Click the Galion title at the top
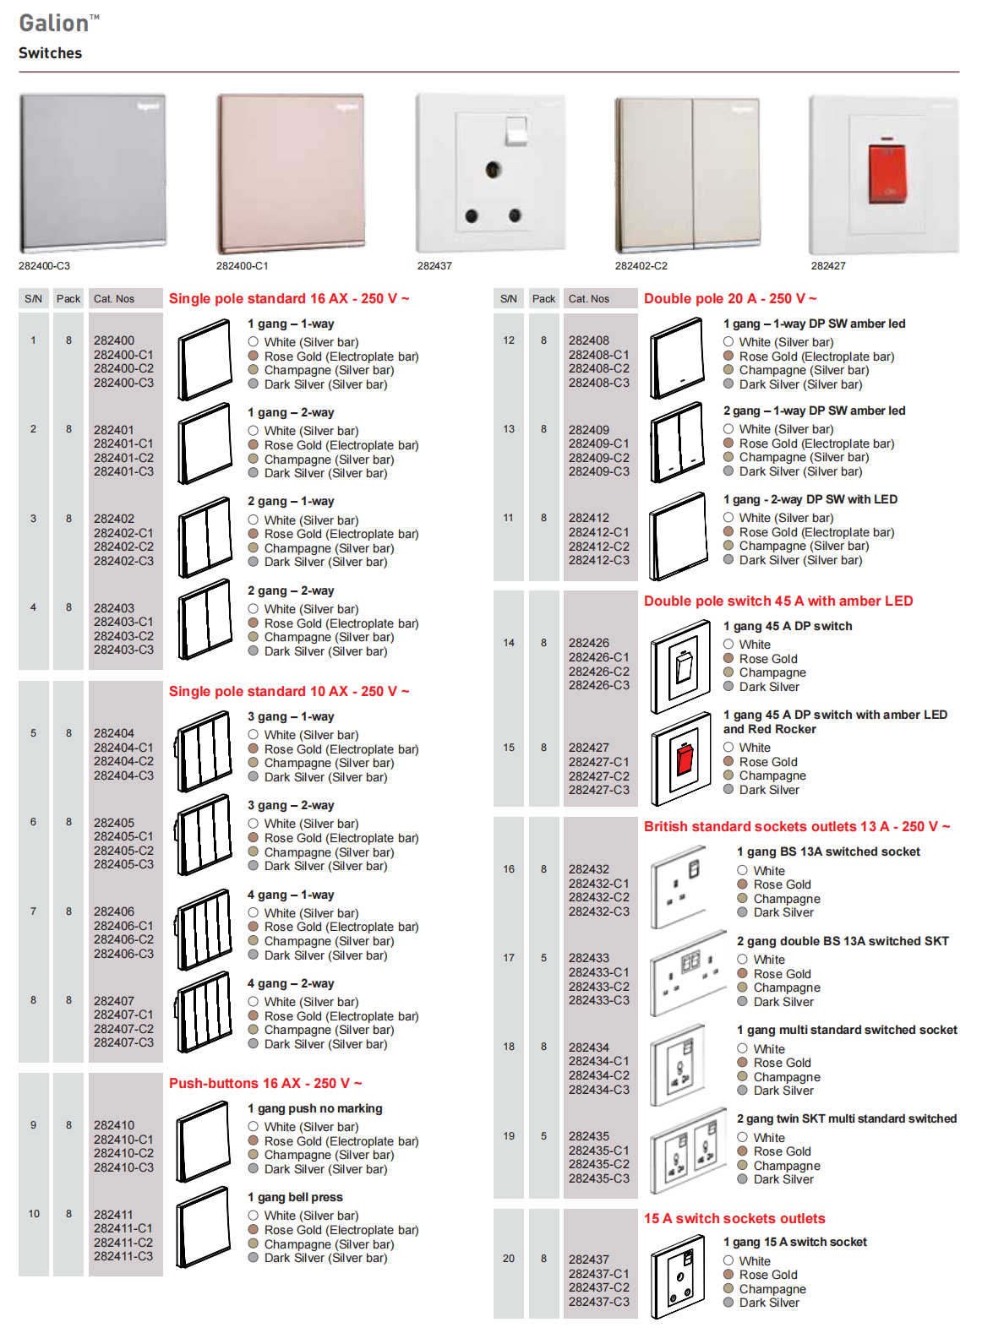[x=55, y=23]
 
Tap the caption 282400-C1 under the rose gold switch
[x=243, y=266]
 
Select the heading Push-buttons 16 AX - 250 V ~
[x=265, y=1083]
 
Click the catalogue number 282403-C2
[x=123, y=636]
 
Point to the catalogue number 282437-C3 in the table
[x=598, y=1302]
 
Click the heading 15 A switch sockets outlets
[x=734, y=1218]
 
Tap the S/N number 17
[x=509, y=958]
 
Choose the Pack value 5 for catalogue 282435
[x=543, y=1136]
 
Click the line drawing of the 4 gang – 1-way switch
[x=204, y=928]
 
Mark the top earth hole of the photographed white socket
[x=494, y=171]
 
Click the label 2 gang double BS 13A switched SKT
[x=842, y=941]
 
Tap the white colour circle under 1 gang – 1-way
[x=254, y=342]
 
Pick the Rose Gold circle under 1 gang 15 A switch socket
[x=728, y=1275]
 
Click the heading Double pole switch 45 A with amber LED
[x=777, y=601]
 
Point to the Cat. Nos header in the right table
[x=589, y=299]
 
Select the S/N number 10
[x=34, y=1214]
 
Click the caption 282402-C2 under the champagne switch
[x=641, y=266]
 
